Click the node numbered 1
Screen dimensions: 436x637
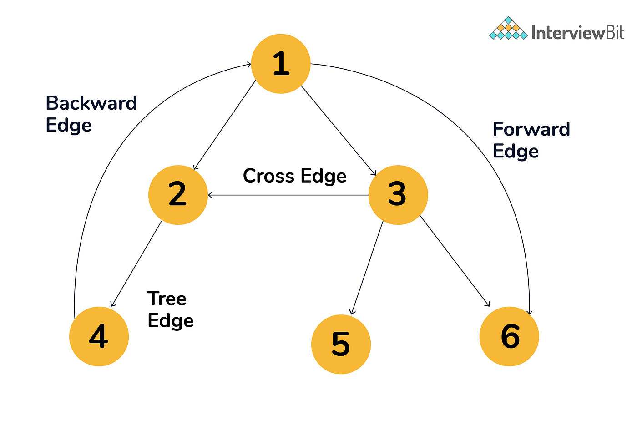281,64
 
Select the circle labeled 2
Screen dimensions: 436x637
178,195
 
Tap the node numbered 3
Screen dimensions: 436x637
398,195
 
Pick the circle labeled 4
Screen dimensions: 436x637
99,337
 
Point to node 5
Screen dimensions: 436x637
341,345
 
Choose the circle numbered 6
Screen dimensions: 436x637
509,337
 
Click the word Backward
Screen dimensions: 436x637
91,103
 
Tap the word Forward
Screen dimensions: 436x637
531,129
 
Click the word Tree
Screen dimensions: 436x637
167,299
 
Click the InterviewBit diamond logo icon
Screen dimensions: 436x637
508,29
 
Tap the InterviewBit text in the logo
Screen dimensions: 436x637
578,32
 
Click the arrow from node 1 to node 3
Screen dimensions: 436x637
339,130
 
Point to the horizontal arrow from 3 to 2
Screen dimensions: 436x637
288,195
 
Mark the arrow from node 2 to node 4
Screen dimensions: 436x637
136,264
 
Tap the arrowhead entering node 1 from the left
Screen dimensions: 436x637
248,64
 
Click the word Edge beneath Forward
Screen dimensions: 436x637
516,151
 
